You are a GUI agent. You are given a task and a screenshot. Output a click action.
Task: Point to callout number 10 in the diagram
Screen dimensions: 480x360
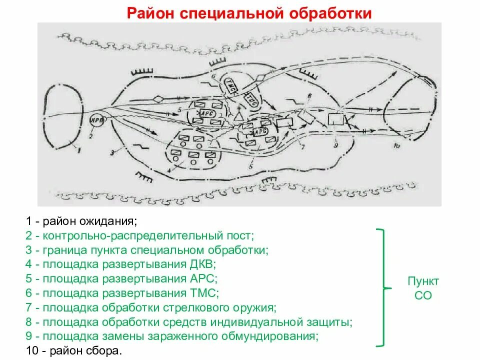pos(397,146)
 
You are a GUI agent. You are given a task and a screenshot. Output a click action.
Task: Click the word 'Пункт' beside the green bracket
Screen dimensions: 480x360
pos(423,280)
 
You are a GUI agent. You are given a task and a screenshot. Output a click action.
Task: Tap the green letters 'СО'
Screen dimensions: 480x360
pos(423,295)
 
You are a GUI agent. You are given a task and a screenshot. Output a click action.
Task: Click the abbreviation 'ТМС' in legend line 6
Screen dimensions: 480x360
pos(205,293)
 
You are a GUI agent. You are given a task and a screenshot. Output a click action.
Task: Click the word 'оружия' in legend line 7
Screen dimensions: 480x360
pos(255,307)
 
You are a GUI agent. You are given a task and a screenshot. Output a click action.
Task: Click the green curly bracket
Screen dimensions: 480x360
pos(382,287)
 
